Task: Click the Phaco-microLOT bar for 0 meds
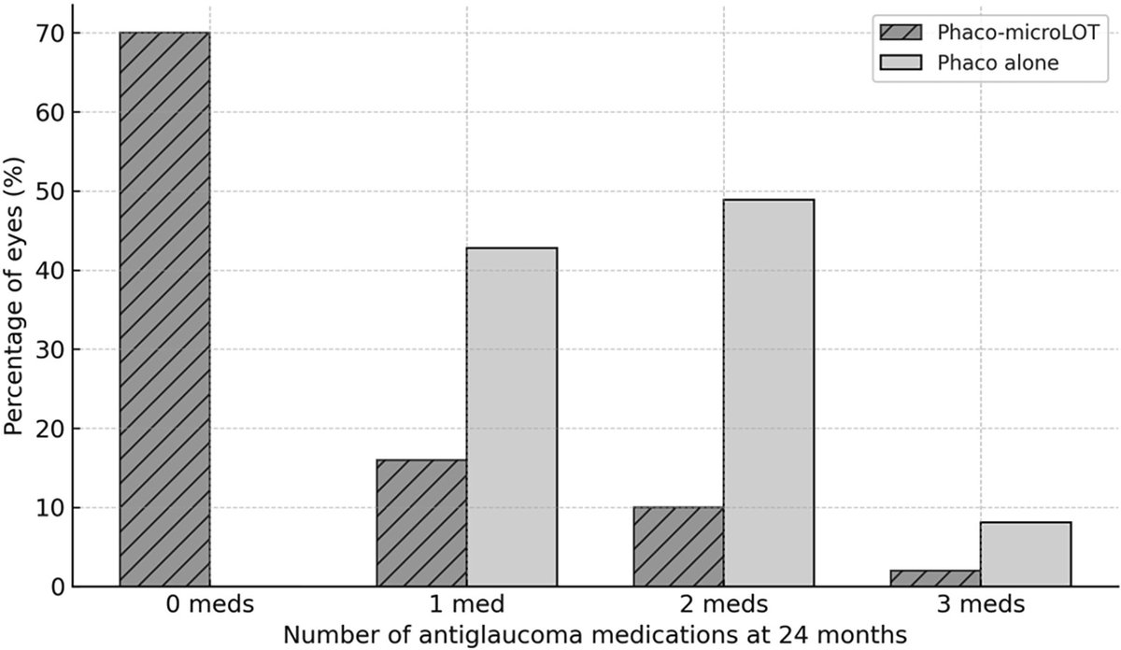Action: coord(164,309)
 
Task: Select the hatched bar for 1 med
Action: coord(421,523)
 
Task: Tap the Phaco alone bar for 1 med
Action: coord(512,417)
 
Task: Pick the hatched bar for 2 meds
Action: coord(678,547)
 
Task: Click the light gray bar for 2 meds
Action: coord(769,393)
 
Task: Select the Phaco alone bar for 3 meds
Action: coord(1026,554)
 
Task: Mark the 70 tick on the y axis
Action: coord(49,33)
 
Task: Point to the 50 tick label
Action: coord(49,191)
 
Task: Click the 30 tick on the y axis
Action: coord(49,349)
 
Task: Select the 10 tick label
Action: coord(49,508)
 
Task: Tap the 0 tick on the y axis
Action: coord(55,587)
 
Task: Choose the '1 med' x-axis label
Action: coord(466,605)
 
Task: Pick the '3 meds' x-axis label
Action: coord(980,605)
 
